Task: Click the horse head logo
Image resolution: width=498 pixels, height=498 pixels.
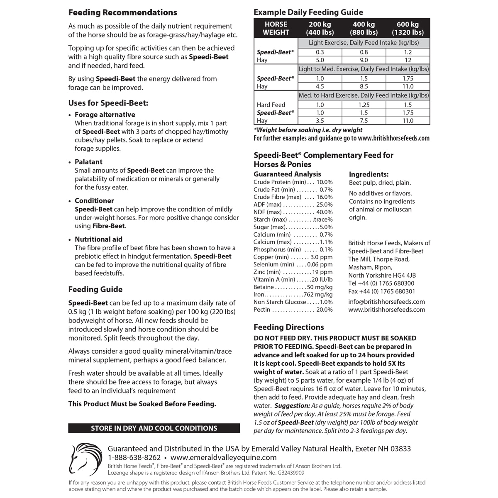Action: (85, 459)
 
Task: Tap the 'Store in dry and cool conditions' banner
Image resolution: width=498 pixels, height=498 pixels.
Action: (154, 428)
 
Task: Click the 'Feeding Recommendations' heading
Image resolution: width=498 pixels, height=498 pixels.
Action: (122, 12)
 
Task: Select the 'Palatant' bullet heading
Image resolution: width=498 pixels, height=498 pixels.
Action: (88, 162)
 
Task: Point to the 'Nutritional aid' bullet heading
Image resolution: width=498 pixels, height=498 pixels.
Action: (98, 239)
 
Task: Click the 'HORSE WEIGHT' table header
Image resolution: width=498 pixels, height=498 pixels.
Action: (276, 28)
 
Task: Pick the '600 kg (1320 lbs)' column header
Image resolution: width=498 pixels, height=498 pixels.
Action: (408, 28)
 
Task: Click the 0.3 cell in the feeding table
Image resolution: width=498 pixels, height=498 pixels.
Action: (320, 52)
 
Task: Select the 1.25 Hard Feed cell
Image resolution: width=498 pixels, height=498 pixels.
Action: (364, 105)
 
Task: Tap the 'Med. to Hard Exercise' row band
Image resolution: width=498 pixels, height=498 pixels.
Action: (364, 95)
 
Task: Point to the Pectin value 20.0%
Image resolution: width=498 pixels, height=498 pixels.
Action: (324, 310)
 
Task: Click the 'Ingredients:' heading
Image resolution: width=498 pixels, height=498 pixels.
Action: (369, 174)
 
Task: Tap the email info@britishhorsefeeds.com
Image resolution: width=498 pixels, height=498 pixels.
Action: (386, 302)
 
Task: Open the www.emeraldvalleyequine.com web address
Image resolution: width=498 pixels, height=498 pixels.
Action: (223, 458)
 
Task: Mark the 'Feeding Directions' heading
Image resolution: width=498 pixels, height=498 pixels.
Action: (288, 327)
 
